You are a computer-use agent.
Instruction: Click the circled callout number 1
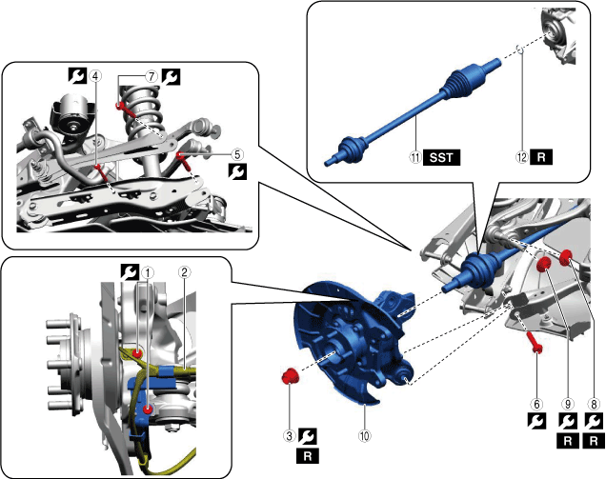pyautogui.click(x=146, y=271)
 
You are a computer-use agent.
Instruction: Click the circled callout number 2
pyautogui.click(x=187, y=271)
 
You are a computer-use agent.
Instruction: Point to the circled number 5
pyautogui.click(x=237, y=151)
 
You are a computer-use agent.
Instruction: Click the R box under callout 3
pyautogui.click(x=307, y=456)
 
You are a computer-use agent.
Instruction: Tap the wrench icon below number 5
pyautogui.click(x=237, y=171)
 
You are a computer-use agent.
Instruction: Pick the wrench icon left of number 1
pyautogui.click(x=129, y=271)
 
